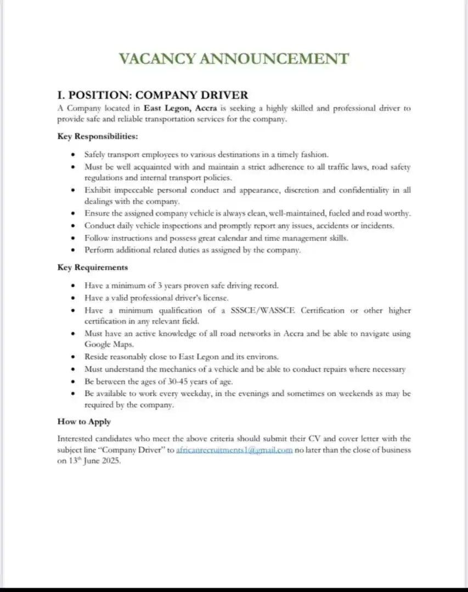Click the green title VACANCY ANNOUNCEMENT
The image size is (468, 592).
pos(234,59)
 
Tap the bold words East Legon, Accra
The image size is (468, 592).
pos(181,108)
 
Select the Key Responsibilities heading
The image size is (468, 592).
pos(98,136)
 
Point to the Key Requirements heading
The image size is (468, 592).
pos(93,267)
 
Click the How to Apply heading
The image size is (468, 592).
pos(84,422)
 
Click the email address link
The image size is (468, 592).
pos(234,451)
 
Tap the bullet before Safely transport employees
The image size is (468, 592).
pos(73,155)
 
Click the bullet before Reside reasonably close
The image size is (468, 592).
pos(73,357)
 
